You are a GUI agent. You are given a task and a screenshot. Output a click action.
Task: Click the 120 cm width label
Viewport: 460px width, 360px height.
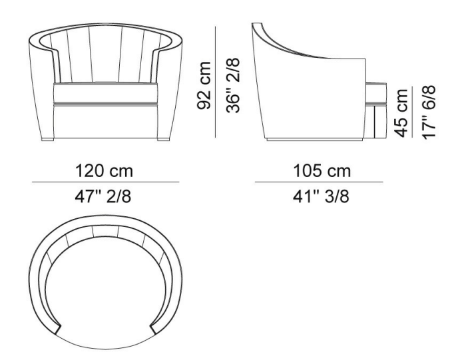[104, 171]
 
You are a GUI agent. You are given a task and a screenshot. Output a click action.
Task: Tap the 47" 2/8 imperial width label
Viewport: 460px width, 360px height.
[103, 196]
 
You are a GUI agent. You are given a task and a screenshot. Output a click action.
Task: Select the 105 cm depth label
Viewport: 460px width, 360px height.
[322, 171]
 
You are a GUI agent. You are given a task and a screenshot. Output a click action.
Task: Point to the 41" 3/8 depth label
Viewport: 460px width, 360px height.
[321, 196]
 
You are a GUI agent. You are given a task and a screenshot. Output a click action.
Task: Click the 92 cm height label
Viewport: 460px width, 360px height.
[204, 85]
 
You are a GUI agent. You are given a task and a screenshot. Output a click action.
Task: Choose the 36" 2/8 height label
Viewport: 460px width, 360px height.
[233, 85]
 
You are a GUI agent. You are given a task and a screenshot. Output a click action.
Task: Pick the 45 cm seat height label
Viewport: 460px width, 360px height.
[401, 113]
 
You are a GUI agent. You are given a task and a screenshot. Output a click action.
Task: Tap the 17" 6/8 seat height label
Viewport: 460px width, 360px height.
[429, 112]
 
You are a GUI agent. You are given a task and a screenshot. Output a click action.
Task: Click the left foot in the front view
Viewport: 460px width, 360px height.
[48, 139]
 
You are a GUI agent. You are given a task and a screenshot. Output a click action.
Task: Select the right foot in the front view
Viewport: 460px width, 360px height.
[163, 139]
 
